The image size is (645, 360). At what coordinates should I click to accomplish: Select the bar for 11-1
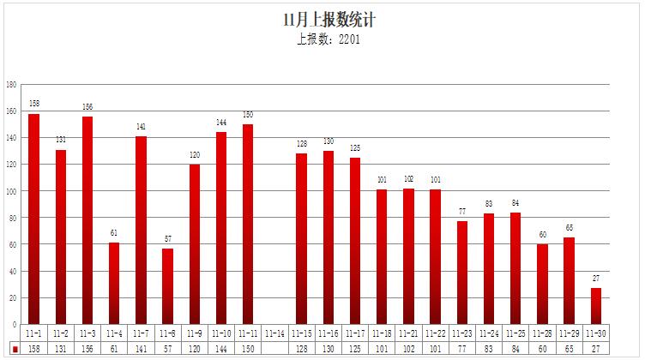click(x=34, y=219)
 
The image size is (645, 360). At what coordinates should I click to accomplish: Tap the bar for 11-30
click(x=596, y=306)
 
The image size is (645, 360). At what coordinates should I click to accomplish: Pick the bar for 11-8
click(x=168, y=286)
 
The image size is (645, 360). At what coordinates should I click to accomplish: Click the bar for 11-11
click(x=248, y=225)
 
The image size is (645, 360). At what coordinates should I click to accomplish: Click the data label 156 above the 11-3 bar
click(x=87, y=107)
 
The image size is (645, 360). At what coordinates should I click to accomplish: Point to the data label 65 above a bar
click(x=570, y=228)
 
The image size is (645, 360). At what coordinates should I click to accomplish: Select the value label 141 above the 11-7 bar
click(x=141, y=127)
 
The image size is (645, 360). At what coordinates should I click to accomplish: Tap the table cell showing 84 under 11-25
click(x=515, y=350)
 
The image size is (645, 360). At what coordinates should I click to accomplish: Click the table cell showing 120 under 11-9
click(x=195, y=350)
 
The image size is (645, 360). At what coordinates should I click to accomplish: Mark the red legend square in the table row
click(x=15, y=350)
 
